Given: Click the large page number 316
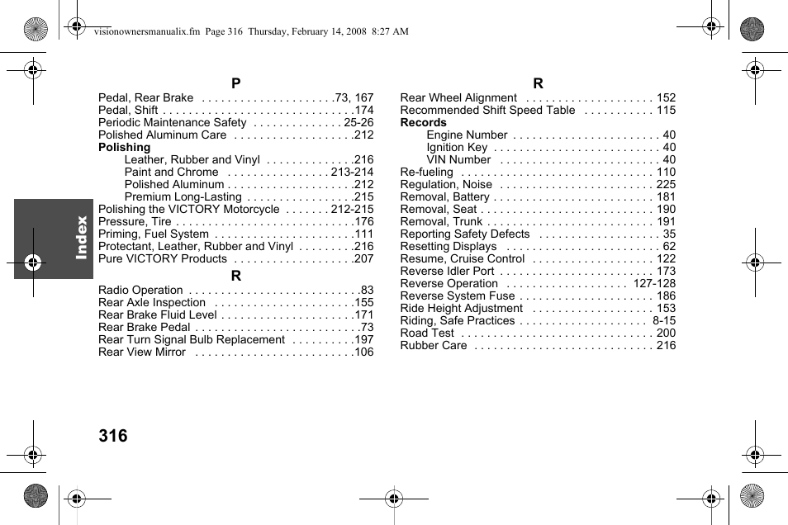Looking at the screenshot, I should click(112, 436).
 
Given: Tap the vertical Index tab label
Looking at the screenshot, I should click(81, 238).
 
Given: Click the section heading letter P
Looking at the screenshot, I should click(236, 83).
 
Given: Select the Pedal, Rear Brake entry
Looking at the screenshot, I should click(146, 97).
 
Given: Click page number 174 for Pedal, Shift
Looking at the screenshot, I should click(363, 110).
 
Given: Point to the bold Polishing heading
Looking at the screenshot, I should click(125, 147).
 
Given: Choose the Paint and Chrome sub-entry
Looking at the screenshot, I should click(171, 172).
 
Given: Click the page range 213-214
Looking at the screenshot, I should click(352, 172).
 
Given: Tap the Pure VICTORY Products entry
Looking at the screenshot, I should click(163, 258).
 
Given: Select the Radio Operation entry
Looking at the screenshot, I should click(140, 290).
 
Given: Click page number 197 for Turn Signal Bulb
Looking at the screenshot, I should click(363, 339).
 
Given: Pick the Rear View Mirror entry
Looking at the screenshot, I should click(142, 352).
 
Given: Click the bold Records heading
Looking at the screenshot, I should click(423, 122).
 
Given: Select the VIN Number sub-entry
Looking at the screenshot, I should click(458, 159).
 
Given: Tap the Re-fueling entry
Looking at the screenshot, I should click(426, 172).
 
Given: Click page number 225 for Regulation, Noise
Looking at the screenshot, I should click(666, 184).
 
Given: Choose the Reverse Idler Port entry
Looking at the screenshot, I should click(447, 271).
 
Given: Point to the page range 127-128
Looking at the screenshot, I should click(654, 283).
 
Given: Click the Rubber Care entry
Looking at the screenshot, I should click(434, 345).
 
